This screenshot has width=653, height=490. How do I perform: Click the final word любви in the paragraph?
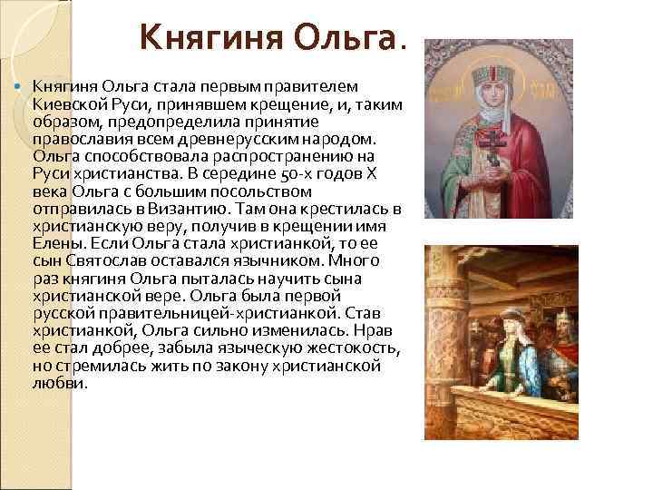(59, 383)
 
